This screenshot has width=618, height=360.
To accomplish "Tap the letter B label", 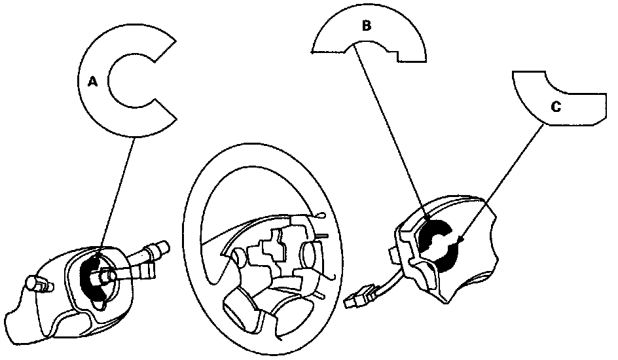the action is click(366, 26).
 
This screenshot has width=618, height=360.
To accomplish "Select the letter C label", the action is click(556, 107).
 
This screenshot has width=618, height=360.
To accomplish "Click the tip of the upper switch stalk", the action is click(162, 248).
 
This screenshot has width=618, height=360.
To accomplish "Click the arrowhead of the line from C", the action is click(462, 243).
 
